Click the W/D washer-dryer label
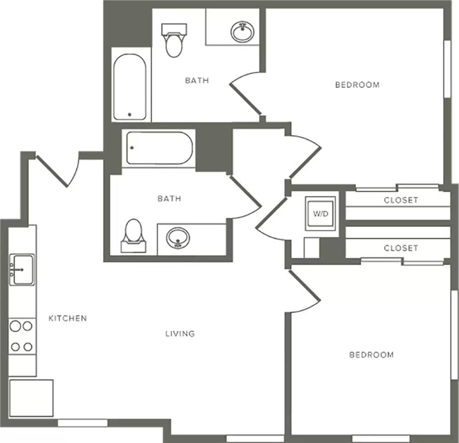[x=321, y=214]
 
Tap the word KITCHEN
[x=67, y=318]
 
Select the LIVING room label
[x=180, y=334]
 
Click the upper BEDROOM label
[x=358, y=85]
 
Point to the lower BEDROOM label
[x=371, y=355]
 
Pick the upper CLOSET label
[x=401, y=200]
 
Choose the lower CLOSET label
[x=401, y=249]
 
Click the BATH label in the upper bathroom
[x=197, y=80]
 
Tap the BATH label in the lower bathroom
[x=169, y=199]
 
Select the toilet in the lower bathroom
[x=134, y=236]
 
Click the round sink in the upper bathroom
[x=242, y=32]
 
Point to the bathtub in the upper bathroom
[x=130, y=87]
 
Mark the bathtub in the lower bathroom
[x=160, y=148]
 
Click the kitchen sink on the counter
[x=22, y=270]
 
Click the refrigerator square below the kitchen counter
[x=31, y=398]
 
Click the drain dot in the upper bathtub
[x=129, y=114]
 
